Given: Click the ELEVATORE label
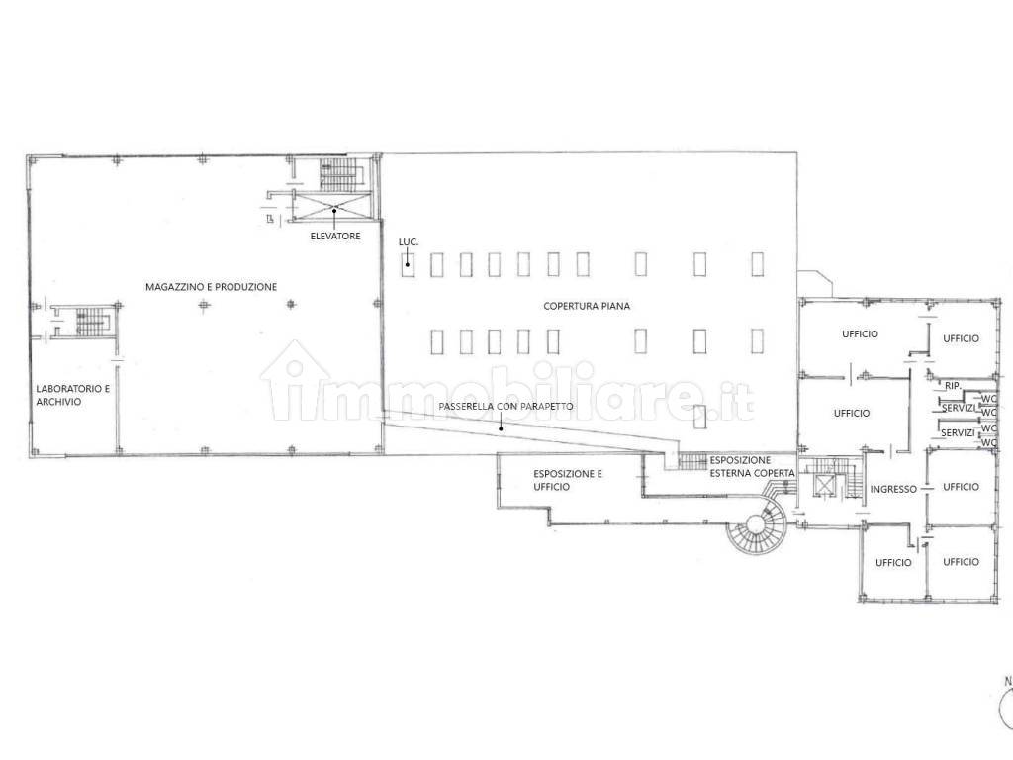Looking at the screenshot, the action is (334, 237).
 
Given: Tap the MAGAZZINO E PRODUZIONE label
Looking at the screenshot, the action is (212, 287).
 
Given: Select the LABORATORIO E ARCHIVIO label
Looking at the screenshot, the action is (73, 395).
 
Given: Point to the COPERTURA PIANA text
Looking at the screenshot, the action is (587, 306).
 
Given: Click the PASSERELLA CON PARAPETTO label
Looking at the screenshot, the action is (506, 407).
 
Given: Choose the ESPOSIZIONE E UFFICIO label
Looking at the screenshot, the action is (568, 480).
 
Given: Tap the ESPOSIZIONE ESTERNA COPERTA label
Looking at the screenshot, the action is (752, 467).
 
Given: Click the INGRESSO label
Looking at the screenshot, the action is (893, 489).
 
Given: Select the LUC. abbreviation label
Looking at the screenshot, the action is (409, 241).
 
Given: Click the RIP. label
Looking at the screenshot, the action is (953, 386).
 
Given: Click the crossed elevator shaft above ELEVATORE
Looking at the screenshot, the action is (333, 207).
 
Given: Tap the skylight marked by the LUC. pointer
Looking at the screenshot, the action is (408, 264).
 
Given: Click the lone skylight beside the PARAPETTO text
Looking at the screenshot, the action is (699, 417).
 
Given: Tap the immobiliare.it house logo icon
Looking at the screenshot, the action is (295, 380).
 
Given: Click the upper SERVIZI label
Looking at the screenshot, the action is (958, 409).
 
